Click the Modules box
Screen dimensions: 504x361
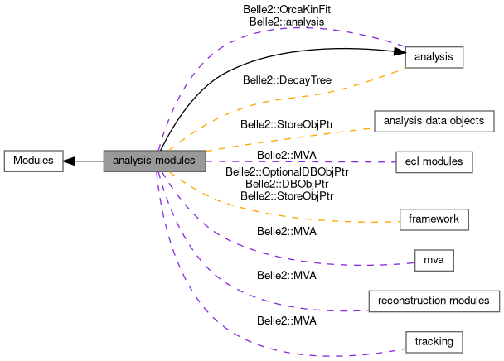tap(33, 161)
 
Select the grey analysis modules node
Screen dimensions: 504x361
tap(155, 161)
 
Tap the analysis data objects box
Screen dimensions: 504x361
tap(434, 122)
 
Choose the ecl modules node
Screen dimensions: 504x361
tap(434, 162)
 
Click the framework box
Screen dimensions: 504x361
tap(434, 219)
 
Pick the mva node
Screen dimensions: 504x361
tap(434, 261)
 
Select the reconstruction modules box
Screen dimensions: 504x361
tap(434, 301)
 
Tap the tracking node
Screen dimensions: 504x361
tap(434, 343)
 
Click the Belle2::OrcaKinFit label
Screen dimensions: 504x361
tap(287, 10)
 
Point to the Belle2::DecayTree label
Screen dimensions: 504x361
tap(287, 80)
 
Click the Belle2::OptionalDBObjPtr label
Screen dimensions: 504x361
tap(287, 172)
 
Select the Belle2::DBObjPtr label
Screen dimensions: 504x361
tap(287, 184)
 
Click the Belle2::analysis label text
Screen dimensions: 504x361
tap(287, 22)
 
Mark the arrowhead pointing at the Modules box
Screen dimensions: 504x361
tap(69, 161)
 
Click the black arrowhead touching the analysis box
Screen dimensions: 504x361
tap(400, 51)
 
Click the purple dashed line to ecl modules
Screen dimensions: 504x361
tap(301, 161)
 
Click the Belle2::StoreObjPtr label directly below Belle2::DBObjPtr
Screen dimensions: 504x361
tap(287, 196)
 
